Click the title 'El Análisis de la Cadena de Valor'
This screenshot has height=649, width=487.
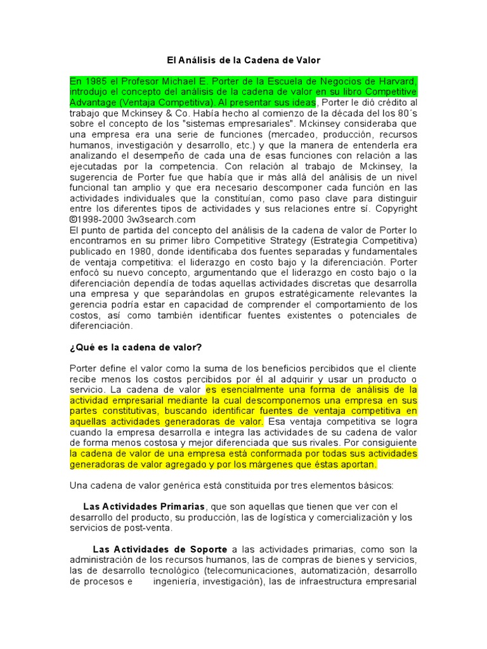click(x=243, y=60)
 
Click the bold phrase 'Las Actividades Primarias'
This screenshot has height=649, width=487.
click(x=144, y=506)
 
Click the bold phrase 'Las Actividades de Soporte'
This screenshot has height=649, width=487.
click(x=160, y=549)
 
